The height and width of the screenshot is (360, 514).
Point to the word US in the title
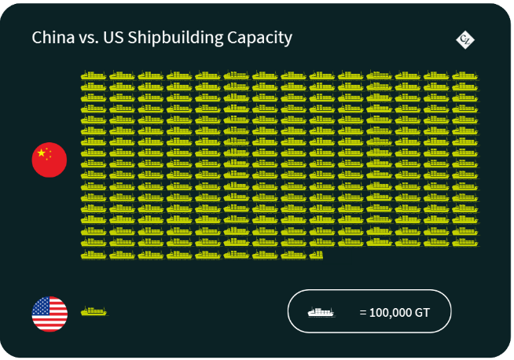112,38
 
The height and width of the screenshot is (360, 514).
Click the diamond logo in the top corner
465,39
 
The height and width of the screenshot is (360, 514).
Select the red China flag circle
50,160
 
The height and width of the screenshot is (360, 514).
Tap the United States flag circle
50,314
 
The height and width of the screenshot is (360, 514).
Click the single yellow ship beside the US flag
94,311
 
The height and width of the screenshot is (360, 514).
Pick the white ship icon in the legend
320,312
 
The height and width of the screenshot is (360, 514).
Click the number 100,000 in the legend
391,312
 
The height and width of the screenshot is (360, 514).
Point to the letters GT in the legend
422,312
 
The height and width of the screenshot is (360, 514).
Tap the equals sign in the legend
362,312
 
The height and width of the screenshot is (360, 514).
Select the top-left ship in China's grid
94,76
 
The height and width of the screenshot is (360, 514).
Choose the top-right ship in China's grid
464,76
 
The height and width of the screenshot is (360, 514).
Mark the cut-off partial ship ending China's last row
316,254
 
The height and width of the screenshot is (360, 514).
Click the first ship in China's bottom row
94,254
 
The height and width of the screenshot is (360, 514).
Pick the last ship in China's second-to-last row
464,243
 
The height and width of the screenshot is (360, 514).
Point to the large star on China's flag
42,152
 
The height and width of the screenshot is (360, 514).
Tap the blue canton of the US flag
41,306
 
